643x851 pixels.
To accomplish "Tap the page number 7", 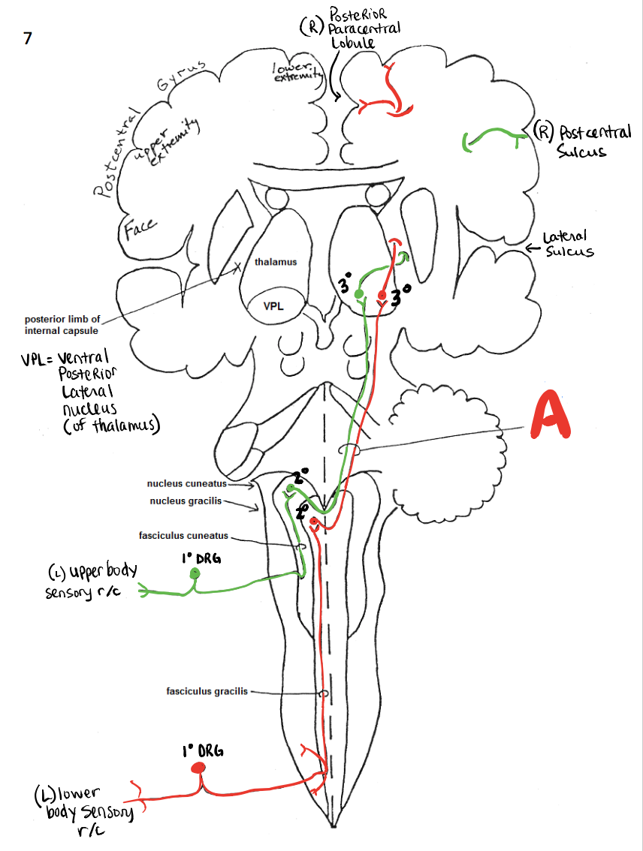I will pyautogui.click(x=28, y=39).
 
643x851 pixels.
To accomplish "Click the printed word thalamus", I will pyautogui.click(x=276, y=262).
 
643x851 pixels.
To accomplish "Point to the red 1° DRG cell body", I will pyautogui.click(x=198, y=767).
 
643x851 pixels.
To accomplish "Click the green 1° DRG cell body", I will pyautogui.click(x=195, y=574).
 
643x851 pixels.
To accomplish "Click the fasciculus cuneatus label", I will pyautogui.click(x=183, y=536).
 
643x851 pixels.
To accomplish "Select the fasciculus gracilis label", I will pyautogui.click(x=207, y=691).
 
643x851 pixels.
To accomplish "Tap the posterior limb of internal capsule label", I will pyautogui.click(x=62, y=325).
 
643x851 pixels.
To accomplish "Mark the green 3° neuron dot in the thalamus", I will pyautogui.click(x=359, y=293).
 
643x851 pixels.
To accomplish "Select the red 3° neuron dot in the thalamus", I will pyautogui.click(x=382, y=295).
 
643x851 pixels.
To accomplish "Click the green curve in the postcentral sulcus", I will pyautogui.click(x=493, y=138).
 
